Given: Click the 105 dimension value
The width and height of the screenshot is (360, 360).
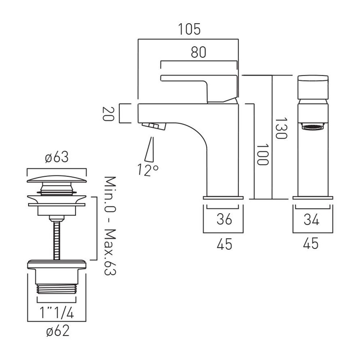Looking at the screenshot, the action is pos(189,29).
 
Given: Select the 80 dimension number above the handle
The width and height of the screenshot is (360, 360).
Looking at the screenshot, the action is pos(199,52).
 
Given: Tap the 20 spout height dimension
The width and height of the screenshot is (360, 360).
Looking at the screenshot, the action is pos(108,114).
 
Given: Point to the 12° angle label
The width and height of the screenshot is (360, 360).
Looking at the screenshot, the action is pos(148,170).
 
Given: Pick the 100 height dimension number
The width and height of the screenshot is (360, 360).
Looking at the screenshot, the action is pos(262,155).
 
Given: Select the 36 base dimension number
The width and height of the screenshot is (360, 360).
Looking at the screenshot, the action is pos(224,219).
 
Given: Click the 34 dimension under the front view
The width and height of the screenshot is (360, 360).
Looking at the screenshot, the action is pos(311,220).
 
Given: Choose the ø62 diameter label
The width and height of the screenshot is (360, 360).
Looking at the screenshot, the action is pos(57,331).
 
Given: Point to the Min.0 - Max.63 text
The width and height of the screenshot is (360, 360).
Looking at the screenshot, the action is pos(110,226).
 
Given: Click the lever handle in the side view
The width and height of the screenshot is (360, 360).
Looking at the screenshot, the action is pos(199,89).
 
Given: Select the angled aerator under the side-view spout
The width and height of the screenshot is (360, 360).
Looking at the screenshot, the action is pos(153,126).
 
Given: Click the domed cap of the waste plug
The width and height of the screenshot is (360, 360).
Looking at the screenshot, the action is pos(57,179).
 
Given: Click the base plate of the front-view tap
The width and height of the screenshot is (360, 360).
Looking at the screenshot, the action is pos(313,198).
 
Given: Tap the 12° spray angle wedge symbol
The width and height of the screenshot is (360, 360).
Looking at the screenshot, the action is pos(149,149).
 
